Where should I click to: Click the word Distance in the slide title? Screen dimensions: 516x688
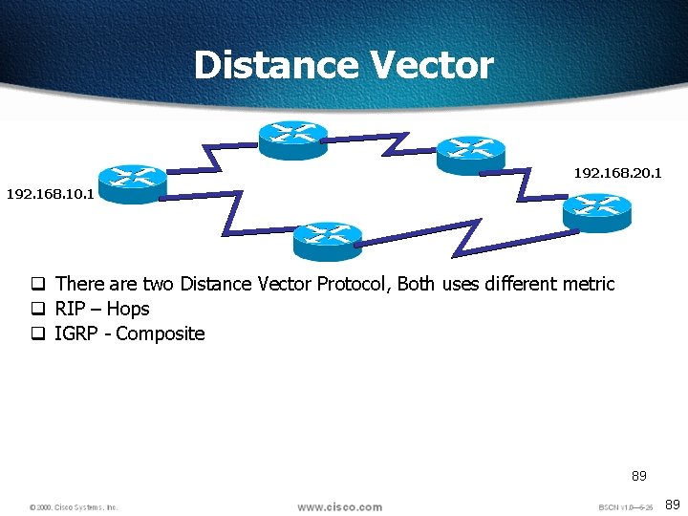[275, 66]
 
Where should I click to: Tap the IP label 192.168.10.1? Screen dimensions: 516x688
[50, 194]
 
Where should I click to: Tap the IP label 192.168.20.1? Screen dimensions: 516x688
[617, 173]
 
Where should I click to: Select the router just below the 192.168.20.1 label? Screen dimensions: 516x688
[597, 212]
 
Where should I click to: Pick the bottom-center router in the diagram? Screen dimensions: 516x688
[327, 241]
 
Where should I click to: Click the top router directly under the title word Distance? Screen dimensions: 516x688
[292, 140]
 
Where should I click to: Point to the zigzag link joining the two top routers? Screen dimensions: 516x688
[382, 143]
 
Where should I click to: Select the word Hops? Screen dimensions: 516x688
[128, 309]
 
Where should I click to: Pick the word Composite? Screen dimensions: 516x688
[161, 333]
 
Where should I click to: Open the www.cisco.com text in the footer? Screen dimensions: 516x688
[339, 506]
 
